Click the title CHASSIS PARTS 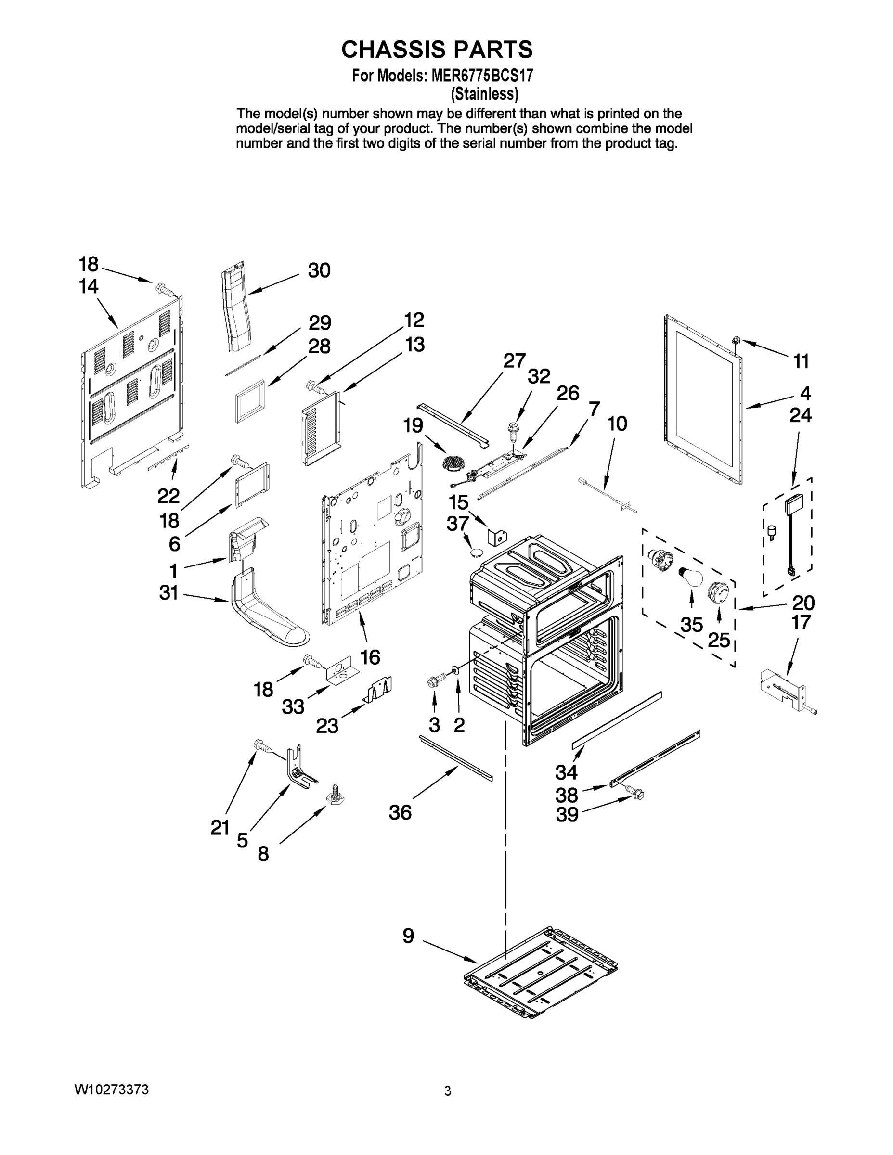coord(437,49)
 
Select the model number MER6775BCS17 coord(482,76)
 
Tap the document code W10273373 coord(111,1090)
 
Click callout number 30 coord(319,270)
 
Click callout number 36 coord(400,812)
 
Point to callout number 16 coord(370,657)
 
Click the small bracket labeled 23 coord(379,690)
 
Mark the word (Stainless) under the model coord(484,94)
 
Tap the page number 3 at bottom coord(448,1091)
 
